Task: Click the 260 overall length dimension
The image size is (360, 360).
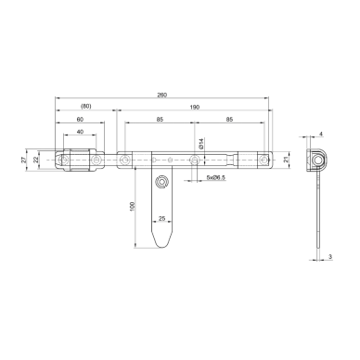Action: pyautogui.click(x=161, y=95)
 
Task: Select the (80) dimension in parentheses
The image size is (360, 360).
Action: pyautogui.click(x=86, y=107)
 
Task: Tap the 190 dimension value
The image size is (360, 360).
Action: pyautogui.click(x=195, y=108)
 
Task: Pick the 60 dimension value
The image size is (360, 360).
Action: pyautogui.click(x=80, y=120)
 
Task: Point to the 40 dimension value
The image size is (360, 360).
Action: pyautogui.click(x=80, y=132)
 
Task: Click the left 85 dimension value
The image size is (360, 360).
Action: pyautogui.click(x=160, y=120)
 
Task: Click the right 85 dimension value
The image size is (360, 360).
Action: pyautogui.click(x=229, y=120)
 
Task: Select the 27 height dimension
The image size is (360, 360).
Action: pyautogui.click(x=23, y=160)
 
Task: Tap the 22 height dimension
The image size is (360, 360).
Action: pyautogui.click(x=35, y=160)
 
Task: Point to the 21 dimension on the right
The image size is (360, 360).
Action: pyautogui.click(x=286, y=160)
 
